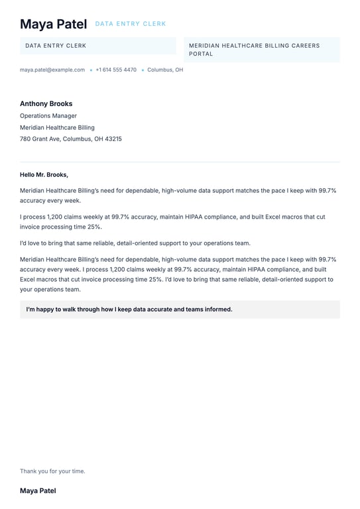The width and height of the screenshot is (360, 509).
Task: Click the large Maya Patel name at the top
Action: (x=53, y=25)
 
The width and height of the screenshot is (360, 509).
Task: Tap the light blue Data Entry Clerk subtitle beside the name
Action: (x=131, y=24)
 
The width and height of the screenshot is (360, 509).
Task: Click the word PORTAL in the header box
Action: (x=201, y=54)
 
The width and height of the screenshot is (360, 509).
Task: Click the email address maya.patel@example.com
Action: (x=52, y=70)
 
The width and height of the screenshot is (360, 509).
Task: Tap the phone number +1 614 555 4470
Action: (x=116, y=70)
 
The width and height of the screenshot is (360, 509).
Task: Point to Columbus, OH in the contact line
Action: (x=165, y=70)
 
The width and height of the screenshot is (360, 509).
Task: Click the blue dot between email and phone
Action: (x=91, y=70)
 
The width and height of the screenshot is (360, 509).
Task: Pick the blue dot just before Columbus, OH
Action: (x=143, y=70)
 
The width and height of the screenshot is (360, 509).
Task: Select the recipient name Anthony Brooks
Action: (x=46, y=103)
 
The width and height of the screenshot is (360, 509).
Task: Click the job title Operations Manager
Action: (x=48, y=116)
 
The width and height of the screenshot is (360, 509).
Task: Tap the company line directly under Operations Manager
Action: (x=57, y=127)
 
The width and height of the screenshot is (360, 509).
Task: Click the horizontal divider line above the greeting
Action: (x=180, y=162)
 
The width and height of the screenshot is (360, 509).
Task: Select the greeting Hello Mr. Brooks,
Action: (x=44, y=175)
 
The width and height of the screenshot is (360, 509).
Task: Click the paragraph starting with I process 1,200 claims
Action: (x=172, y=221)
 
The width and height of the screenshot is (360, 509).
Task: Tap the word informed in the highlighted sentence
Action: (x=217, y=309)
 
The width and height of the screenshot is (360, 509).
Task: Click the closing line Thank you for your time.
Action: (x=52, y=471)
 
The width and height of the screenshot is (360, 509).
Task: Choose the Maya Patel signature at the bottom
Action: (x=38, y=491)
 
